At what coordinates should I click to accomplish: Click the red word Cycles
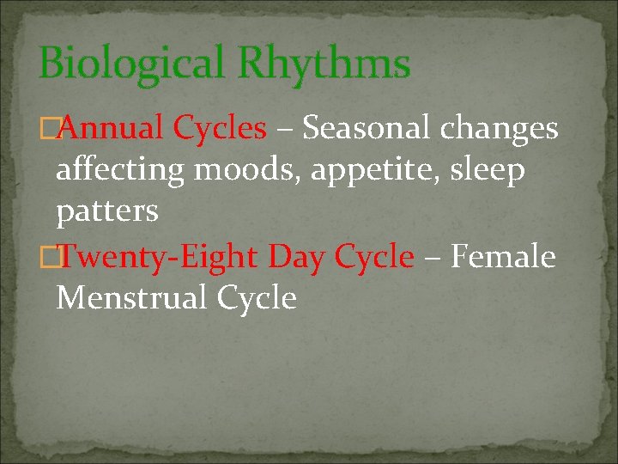pyautogui.click(x=220, y=129)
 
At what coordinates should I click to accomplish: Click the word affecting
pyautogui.click(x=120, y=171)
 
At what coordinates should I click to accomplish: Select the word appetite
pyautogui.click(x=379, y=171)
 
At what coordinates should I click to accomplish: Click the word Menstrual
pyautogui.click(x=131, y=298)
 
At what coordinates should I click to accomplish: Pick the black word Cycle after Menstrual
pyautogui.click(x=257, y=298)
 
